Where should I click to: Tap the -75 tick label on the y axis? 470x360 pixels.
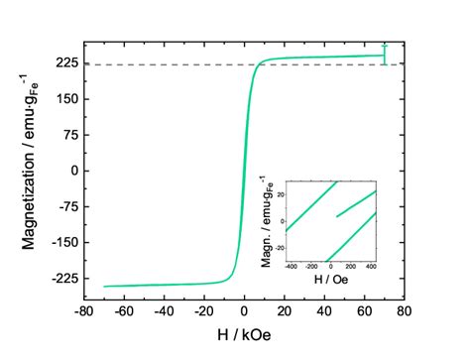66,206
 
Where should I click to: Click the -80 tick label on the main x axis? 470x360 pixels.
83,310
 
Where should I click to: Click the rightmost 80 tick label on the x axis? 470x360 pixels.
404,310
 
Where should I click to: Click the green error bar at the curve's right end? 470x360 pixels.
384,56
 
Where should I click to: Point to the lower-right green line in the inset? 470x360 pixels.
351,239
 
